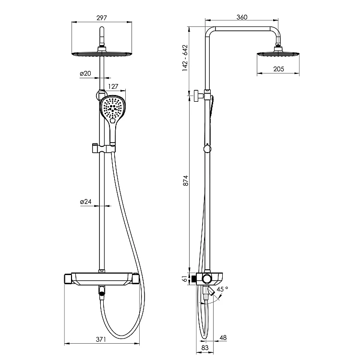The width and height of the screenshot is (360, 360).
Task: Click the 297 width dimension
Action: [x=102, y=18]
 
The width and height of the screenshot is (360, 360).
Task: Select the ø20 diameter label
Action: [x=85, y=73]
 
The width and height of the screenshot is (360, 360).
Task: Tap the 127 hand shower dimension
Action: [x=113, y=86]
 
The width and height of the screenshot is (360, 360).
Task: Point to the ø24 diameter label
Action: [x=85, y=202]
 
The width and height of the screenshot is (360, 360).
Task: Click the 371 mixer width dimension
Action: [x=101, y=339]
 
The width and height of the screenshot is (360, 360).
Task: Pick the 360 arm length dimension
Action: [x=242, y=17]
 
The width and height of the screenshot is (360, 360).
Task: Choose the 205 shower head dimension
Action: [x=279, y=69]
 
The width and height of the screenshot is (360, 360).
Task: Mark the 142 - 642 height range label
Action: [x=185, y=58]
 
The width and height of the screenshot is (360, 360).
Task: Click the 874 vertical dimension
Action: [x=185, y=180]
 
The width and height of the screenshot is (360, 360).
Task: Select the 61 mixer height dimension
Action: [x=185, y=279]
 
